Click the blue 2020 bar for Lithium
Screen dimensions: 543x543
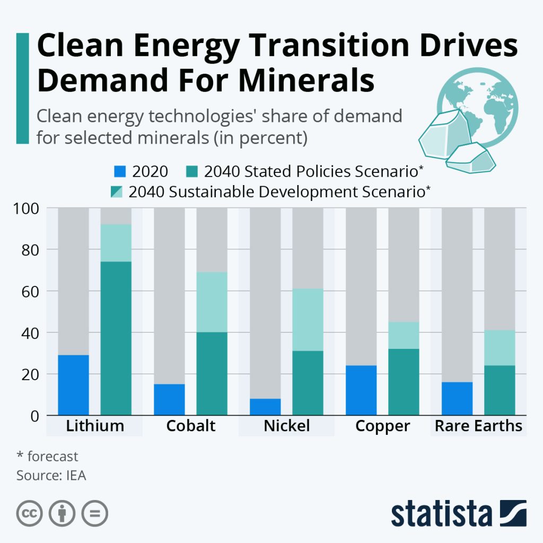(x=74, y=385)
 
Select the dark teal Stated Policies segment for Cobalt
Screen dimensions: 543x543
(x=212, y=374)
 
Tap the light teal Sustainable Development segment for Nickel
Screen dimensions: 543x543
(x=308, y=320)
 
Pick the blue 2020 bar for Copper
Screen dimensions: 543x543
(x=361, y=390)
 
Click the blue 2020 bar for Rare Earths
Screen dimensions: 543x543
(x=457, y=399)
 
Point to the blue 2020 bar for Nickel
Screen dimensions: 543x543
(x=265, y=407)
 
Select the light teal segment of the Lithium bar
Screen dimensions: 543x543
(x=116, y=243)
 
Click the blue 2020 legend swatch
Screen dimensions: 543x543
(x=120, y=171)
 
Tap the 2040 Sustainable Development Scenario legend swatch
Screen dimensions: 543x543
(x=117, y=191)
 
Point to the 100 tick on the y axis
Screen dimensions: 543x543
(x=27, y=208)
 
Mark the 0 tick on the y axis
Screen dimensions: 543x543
(x=34, y=416)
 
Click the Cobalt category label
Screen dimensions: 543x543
(x=191, y=426)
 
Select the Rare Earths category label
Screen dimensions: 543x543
(x=478, y=426)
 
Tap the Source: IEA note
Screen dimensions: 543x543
(x=51, y=475)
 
